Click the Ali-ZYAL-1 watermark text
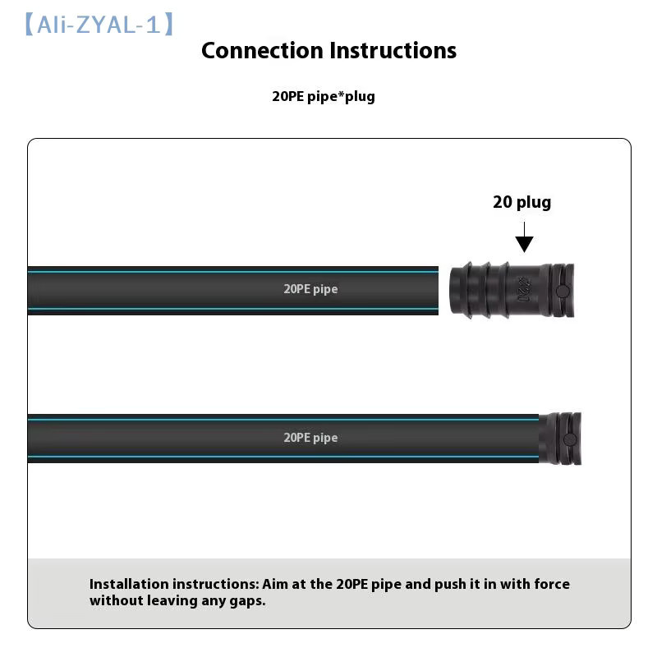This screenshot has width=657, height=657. [x=99, y=25]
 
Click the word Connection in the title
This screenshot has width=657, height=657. [x=262, y=51]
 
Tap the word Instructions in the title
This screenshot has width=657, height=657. [x=393, y=51]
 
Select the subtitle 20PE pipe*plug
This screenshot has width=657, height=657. [x=324, y=96]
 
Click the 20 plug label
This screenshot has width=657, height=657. [x=521, y=202]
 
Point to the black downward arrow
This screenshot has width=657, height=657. [x=524, y=237]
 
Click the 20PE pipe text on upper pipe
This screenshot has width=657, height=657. [x=310, y=289]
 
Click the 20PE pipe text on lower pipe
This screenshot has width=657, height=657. [x=310, y=438]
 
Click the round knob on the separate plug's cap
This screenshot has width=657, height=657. [x=563, y=292]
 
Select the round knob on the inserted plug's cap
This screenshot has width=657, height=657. [x=570, y=439]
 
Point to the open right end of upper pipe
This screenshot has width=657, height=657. [x=438, y=291]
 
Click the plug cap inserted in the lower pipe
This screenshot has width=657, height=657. [x=560, y=439]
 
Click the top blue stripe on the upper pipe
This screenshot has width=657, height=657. [x=233, y=272]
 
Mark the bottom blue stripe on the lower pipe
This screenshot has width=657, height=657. [x=283, y=457]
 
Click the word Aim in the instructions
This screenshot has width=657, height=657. [x=275, y=584]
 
